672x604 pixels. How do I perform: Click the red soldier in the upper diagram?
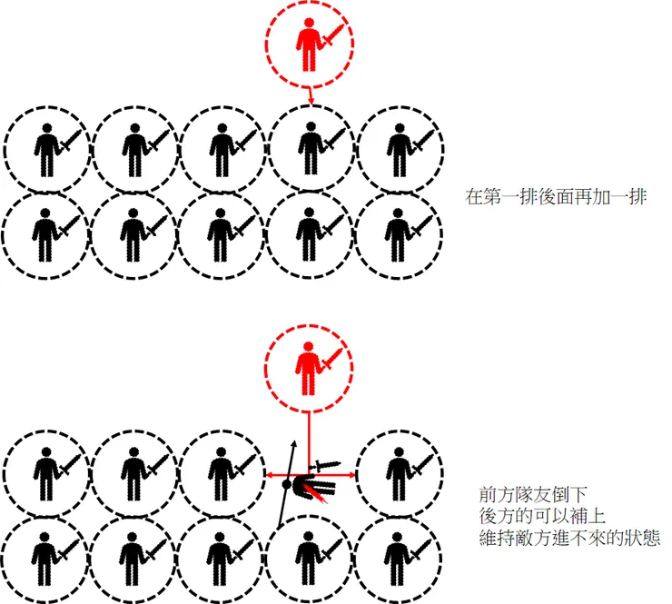click(311, 43)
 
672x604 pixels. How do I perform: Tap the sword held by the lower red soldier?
click(332, 355)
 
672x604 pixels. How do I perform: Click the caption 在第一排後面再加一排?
click(556, 196)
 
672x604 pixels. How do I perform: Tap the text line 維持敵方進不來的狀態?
click(569, 538)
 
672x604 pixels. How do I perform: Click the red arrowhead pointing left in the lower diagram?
click(270, 474)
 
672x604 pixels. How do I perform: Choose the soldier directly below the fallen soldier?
click(310, 555)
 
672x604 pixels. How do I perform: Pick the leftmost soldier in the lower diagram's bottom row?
click(44, 555)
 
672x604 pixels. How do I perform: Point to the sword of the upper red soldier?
click(334, 37)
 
